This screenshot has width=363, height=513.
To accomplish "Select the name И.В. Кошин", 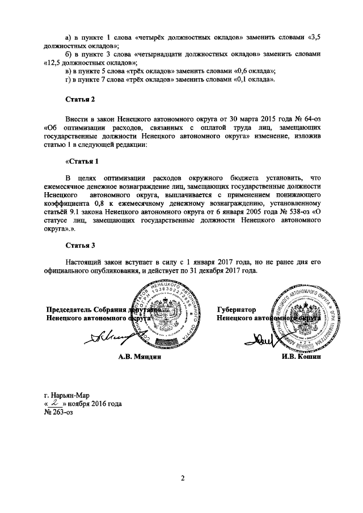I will pyautogui.click(x=301, y=358).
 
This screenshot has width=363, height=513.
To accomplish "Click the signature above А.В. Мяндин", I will pyautogui.click(x=108, y=339).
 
